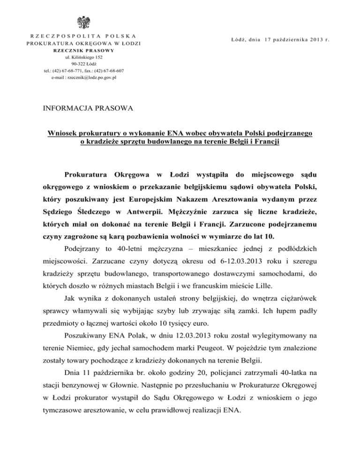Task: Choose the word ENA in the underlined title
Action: coord(165,133)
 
